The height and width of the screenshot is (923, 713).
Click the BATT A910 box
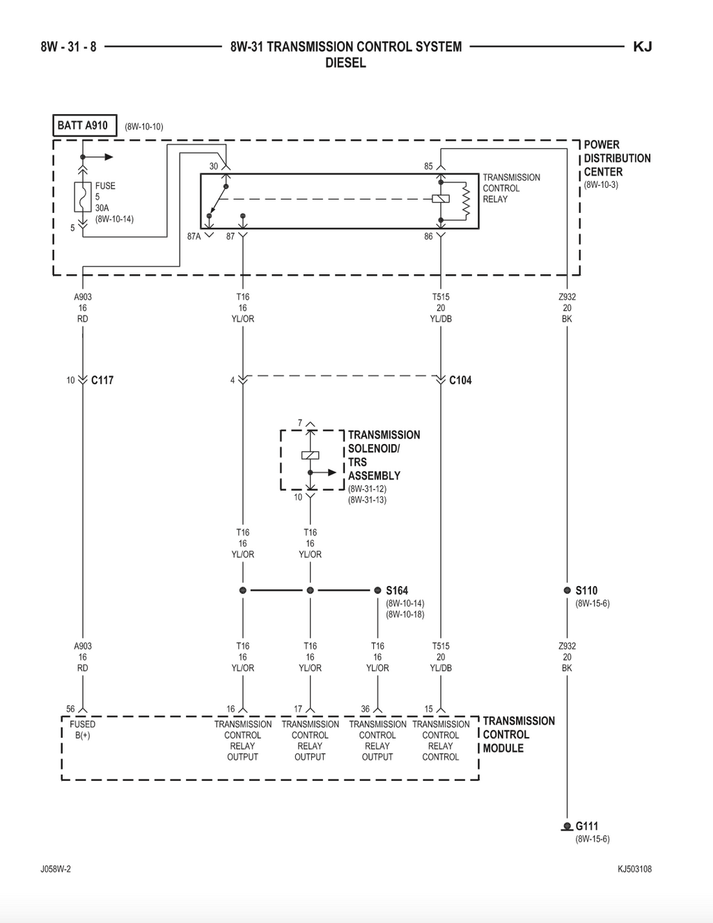[84, 125]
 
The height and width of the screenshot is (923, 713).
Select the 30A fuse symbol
[83, 197]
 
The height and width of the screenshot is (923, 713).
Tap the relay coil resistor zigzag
[466, 202]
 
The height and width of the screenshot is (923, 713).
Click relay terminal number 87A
[194, 237]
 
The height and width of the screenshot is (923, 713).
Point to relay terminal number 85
[428, 166]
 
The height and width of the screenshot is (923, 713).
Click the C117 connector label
[102, 380]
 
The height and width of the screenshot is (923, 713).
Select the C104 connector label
[461, 380]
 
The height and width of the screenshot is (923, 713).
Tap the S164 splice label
[397, 590]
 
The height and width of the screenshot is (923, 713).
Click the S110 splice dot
[567, 590]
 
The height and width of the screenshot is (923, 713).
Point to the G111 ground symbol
[567, 826]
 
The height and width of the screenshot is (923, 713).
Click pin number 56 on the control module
[70, 709]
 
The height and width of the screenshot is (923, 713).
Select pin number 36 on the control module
[366, 709]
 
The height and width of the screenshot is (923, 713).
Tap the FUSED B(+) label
[82, 729]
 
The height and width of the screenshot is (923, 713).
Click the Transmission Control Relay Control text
[441, 741]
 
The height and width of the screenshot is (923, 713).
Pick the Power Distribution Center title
[617, 158]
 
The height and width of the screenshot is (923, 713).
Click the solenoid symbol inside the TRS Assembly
[310, 455]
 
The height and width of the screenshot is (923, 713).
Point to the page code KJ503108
[634, 869]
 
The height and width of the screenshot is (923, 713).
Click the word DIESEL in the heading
[345, 63]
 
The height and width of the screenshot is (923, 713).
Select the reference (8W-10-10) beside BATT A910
[143, 127]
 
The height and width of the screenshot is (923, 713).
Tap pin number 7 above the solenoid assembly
[300, 423]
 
